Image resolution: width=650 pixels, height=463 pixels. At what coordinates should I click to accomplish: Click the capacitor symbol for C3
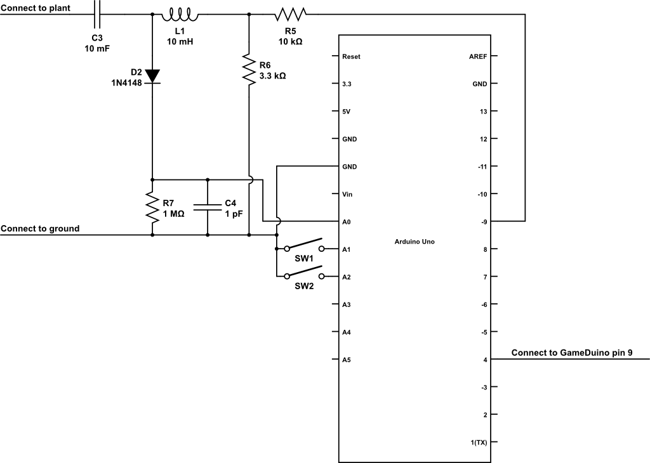(97, 13)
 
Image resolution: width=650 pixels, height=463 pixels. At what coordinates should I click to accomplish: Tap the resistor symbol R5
(291, 13)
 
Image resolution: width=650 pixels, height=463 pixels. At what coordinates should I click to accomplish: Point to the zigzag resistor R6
(248, 68)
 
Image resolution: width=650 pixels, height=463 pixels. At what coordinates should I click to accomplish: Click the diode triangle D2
(152, 75)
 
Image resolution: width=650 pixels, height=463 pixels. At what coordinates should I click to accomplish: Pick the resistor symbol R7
(152, 207)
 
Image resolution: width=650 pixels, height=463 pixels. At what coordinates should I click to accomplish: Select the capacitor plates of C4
(208, 207)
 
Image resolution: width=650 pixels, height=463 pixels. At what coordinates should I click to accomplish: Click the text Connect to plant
(36, 8)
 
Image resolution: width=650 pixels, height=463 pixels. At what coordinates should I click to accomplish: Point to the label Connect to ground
(40, 228)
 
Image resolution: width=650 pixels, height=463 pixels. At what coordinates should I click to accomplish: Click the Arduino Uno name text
(415, 241)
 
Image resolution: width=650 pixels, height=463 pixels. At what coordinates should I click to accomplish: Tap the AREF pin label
(477, 56)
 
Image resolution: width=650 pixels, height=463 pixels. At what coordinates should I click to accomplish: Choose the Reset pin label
(351, 56)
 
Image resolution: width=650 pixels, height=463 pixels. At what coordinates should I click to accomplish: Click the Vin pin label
(347, 194)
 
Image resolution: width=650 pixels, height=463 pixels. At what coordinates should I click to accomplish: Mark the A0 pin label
(346, 222)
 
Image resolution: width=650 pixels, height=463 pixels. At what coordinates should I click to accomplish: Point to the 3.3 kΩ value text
(272, 75)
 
